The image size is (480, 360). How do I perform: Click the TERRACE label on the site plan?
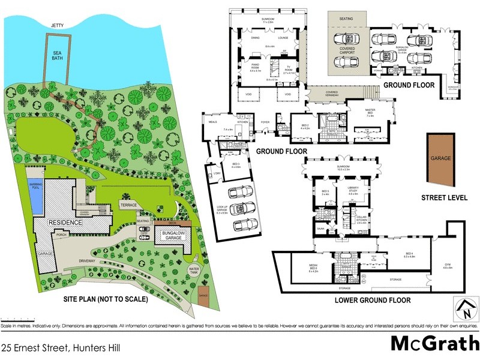[128, 205]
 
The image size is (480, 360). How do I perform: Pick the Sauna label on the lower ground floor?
[320, 229]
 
